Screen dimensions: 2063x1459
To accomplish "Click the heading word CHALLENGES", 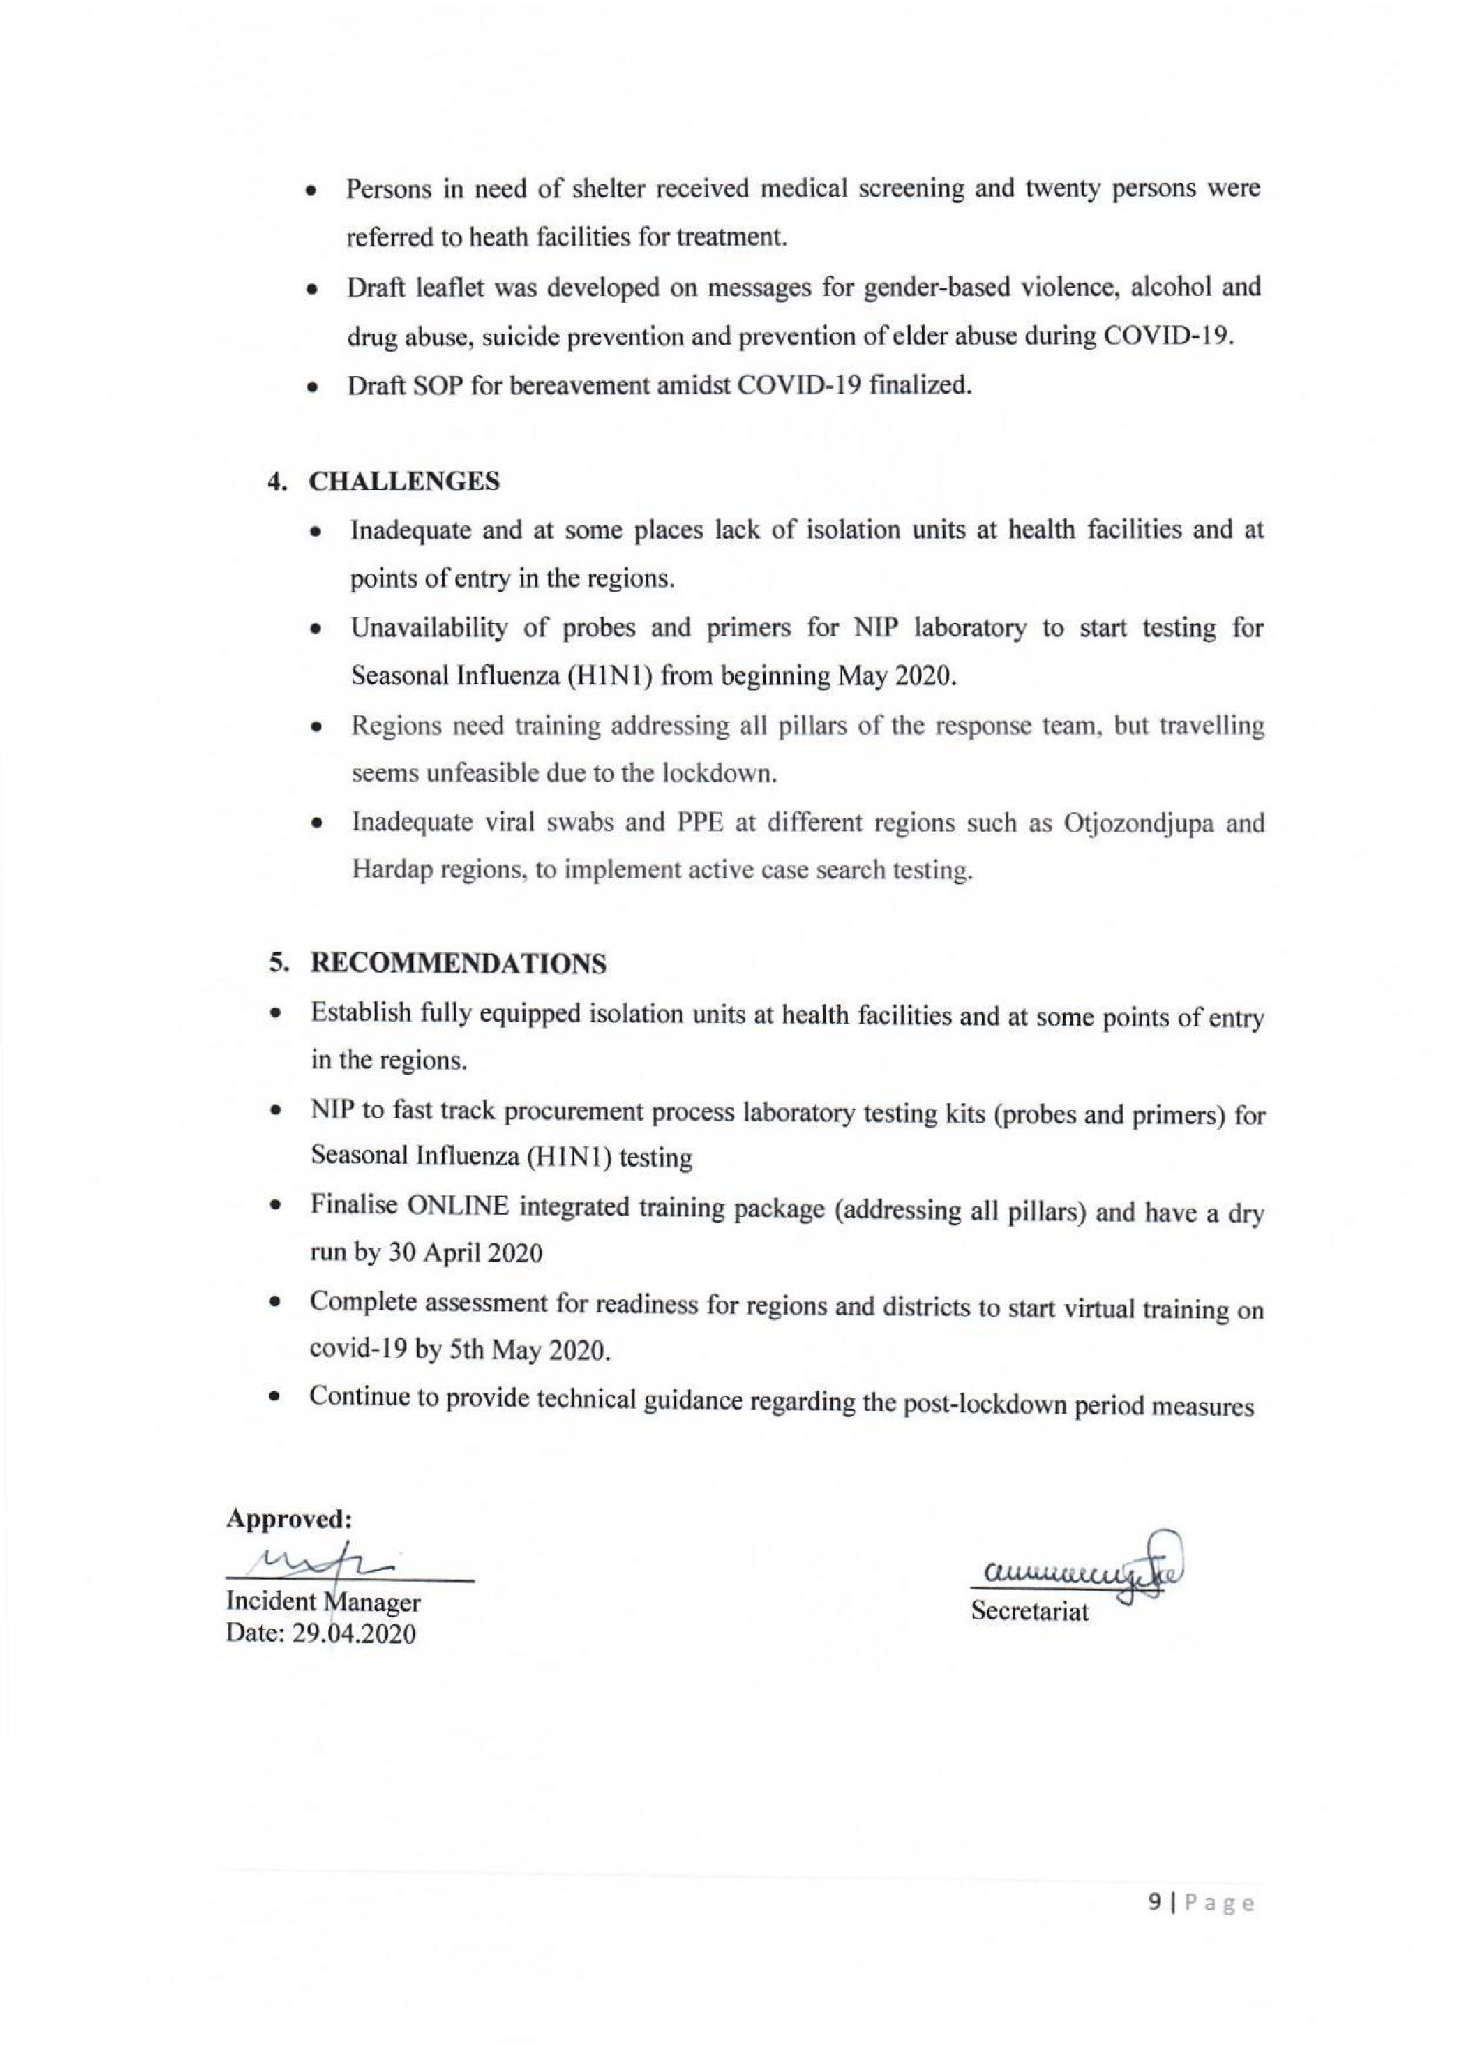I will [x=404, y=481].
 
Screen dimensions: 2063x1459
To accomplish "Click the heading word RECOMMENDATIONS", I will [x=458, y=963].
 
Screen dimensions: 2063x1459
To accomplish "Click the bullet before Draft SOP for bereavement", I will [x=312, y=389].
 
